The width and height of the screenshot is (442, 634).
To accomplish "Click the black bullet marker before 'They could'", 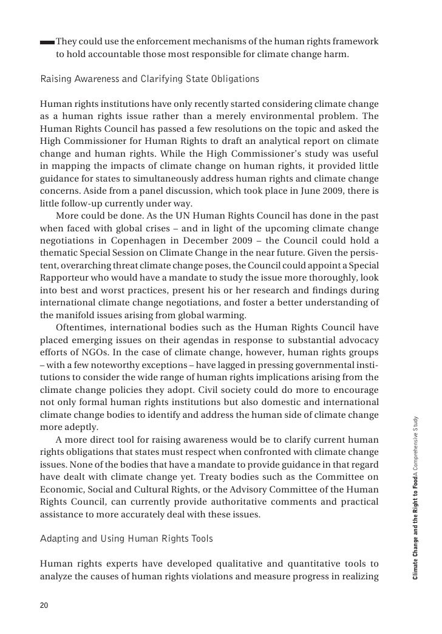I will coord(46,43).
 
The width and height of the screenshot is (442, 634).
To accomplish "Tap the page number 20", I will coord(44,605).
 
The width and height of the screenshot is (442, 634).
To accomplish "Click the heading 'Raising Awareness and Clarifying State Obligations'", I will coord(149,80).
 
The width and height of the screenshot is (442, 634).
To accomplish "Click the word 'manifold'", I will coord(77,316).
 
